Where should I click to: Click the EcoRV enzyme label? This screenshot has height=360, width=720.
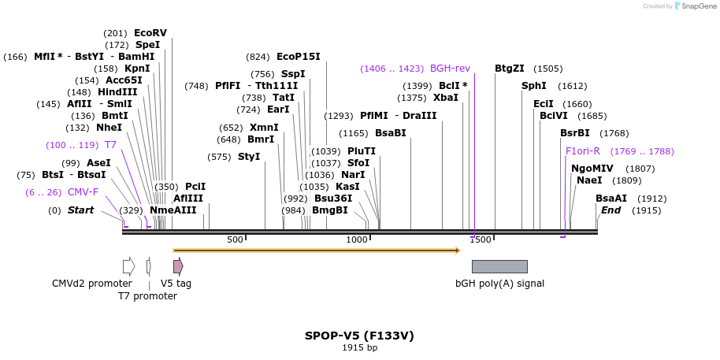(x=150, y=33)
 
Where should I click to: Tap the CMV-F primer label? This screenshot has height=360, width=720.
(x=83, y=191)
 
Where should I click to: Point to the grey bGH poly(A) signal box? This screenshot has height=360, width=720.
(x=499, y=266)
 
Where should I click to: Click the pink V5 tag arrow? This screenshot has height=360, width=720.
(x=178, y=266)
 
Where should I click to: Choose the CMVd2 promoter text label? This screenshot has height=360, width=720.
(x=92, y=284)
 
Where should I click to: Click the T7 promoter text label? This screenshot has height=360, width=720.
(x=147, y=296)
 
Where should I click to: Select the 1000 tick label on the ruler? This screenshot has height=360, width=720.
(x=357, y=239)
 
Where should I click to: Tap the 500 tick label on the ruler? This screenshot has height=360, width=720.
(x=235, y=239)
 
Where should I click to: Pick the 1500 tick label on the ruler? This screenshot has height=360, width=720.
(x=481, y=239)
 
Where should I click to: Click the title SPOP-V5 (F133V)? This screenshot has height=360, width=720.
(x=359, y=336)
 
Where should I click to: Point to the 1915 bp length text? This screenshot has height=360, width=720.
(x=359, y=347)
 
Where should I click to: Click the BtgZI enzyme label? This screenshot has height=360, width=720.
(x=510, y=69)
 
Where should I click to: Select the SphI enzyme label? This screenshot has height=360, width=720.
(x=533, y=86)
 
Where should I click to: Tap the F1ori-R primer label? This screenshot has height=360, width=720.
(x=582, y=151)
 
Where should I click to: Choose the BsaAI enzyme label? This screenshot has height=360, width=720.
(x=611, y=199)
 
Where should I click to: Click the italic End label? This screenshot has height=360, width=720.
(x=611, y=210)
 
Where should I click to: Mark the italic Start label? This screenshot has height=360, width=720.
(x=80, y=210)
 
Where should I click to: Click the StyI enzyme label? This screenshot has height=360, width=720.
(x=248, y=157)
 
